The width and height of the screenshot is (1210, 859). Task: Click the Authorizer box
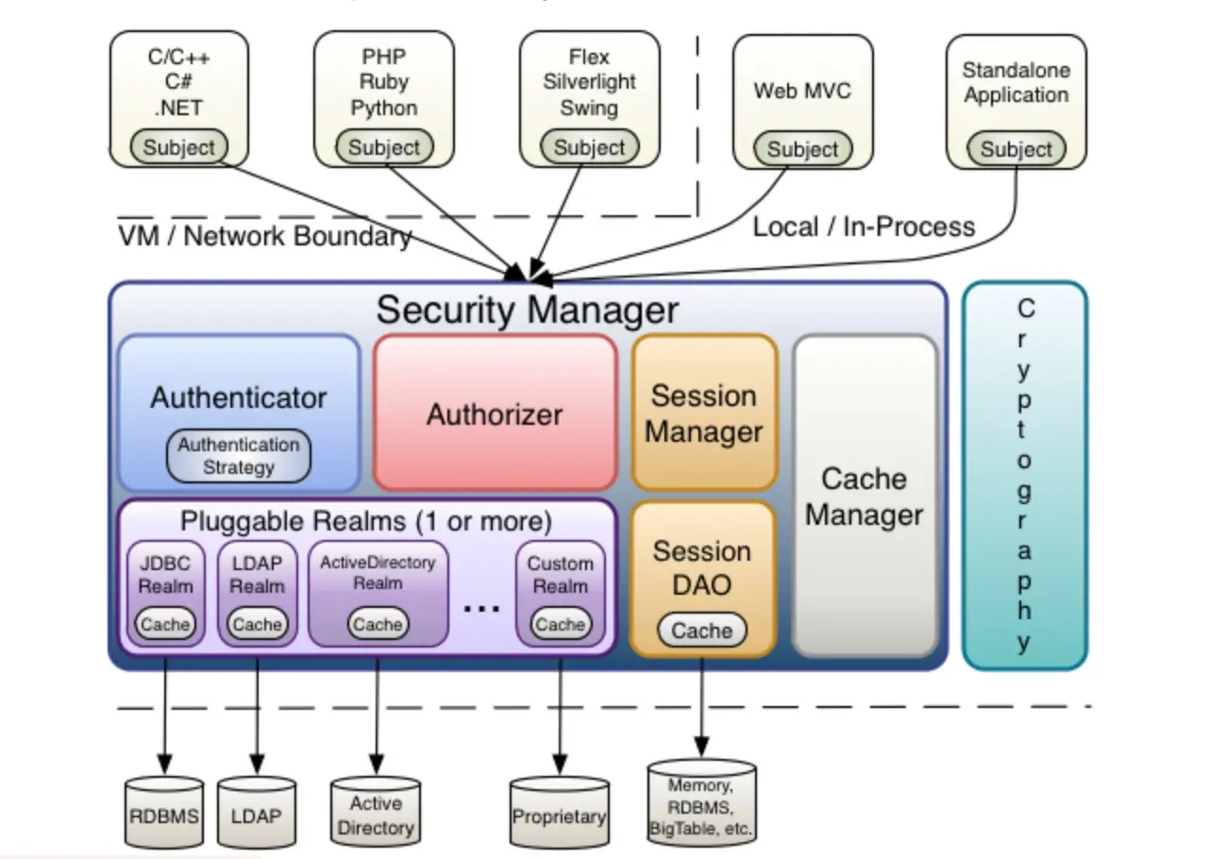[x=496, y=413]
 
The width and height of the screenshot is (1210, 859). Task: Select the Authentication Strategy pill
[x=239, y=456]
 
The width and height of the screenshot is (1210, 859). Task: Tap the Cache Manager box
[x=865, y=497]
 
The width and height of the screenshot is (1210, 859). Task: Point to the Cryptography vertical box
[x=1024, y=475]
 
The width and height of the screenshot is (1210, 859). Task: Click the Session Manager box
[x=704, y=413]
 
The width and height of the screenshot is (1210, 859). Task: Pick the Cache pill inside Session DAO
[x=702, y=631]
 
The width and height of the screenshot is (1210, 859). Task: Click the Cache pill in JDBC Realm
[x=165, y=624]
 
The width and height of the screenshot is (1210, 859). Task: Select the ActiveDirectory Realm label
[x=378, y=573]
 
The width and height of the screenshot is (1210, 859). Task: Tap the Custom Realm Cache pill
[x=561, y=624]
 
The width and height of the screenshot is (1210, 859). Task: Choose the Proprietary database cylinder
[x=560, y=815]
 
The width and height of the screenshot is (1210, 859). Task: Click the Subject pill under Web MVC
[x=802, y=149]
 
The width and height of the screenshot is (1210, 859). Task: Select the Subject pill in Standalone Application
[x=1016, y=149]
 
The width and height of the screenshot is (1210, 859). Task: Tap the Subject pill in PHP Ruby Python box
[x=384, y=147]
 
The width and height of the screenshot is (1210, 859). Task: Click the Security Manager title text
[x=527, y=310]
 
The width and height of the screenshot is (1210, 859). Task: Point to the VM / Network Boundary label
[x=265, y=236]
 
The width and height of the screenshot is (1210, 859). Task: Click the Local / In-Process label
[x=864, y=227]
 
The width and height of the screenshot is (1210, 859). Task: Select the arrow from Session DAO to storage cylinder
[x=701, y=704]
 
